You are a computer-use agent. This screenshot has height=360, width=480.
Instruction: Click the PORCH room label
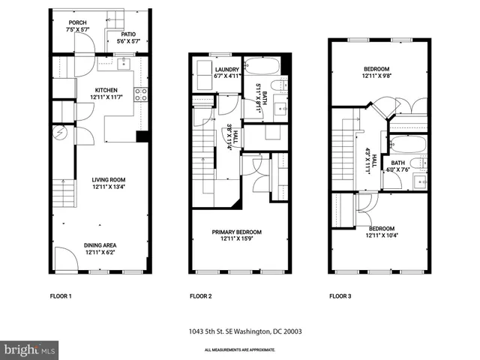(76, 23)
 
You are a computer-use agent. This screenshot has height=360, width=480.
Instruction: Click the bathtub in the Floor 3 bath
(407, 143)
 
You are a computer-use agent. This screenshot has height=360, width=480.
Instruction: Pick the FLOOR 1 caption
(61, 296)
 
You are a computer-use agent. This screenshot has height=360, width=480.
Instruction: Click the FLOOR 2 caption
(200, 296)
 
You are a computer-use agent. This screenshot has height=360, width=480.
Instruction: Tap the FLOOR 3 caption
(340, 296)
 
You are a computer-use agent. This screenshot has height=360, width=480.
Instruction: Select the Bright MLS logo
(30, 349)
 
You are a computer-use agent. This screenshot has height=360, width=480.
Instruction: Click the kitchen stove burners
(139, 94)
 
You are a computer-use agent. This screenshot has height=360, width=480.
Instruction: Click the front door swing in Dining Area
(65, 259)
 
